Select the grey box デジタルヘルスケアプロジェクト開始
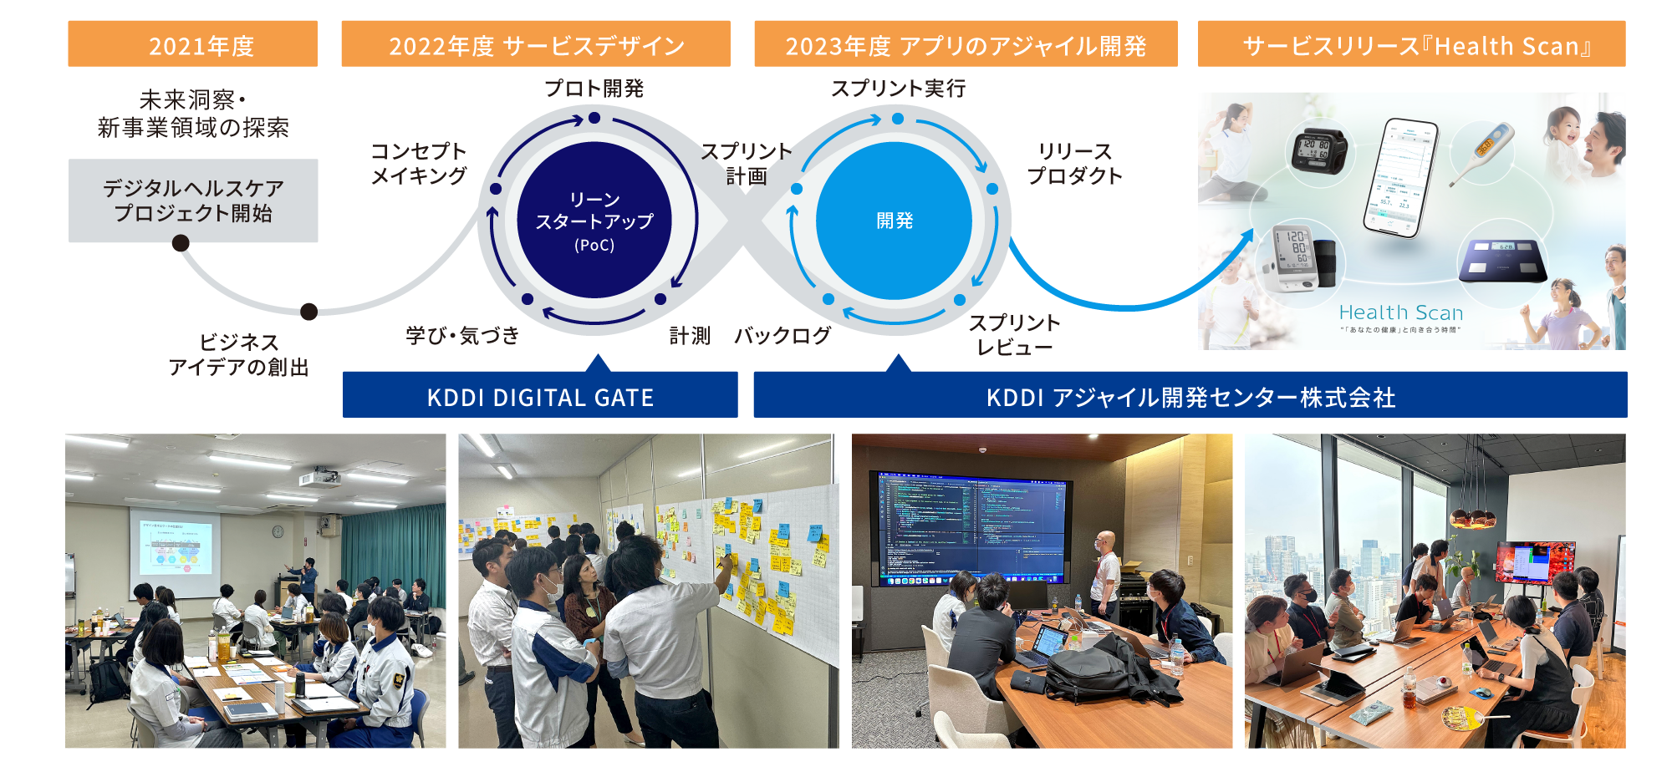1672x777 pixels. point(193,201)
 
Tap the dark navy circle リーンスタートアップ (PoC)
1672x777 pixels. point(594,221)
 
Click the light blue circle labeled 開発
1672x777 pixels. point(894,221)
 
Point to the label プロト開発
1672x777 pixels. point(594,89)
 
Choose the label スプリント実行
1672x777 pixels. point(898,89)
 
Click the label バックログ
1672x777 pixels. point(782,336)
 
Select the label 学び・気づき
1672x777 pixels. point(462,336)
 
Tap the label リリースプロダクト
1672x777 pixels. point(1074,164)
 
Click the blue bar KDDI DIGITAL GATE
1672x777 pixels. point(540,396)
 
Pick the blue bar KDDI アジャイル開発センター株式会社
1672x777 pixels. point(1190,396)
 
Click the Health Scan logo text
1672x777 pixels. point(1400,313)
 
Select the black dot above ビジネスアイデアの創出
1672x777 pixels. point(308,312)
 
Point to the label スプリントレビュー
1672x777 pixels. point(1014,335)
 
